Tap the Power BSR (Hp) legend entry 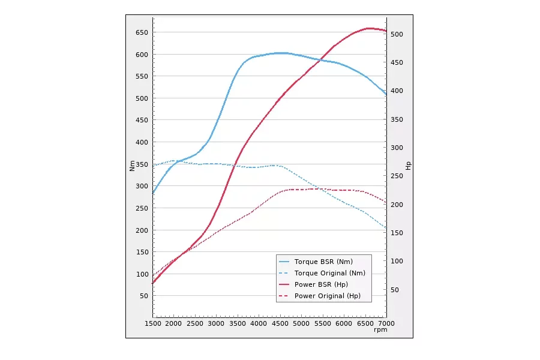click(x=321, y=284)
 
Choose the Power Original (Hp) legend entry click(x=328, y=296)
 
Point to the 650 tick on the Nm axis click(x=140, y=32)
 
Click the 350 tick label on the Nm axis click(x=140, y=164)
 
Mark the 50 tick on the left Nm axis click(x=142, y=296)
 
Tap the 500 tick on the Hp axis click(x=398, y=34)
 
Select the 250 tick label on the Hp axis click(x=398, y=176)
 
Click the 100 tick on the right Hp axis click(x=398, y=262)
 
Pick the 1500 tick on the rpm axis click(x=153, y=324)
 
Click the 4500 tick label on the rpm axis click(x=280, y=324)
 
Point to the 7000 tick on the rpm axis click(x=386, y=324)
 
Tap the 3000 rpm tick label click(x=217, y=324)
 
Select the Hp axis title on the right click(x=409, y=165)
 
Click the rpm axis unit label click(x=380, y=330)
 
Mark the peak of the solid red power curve click(x=368, y=28)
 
